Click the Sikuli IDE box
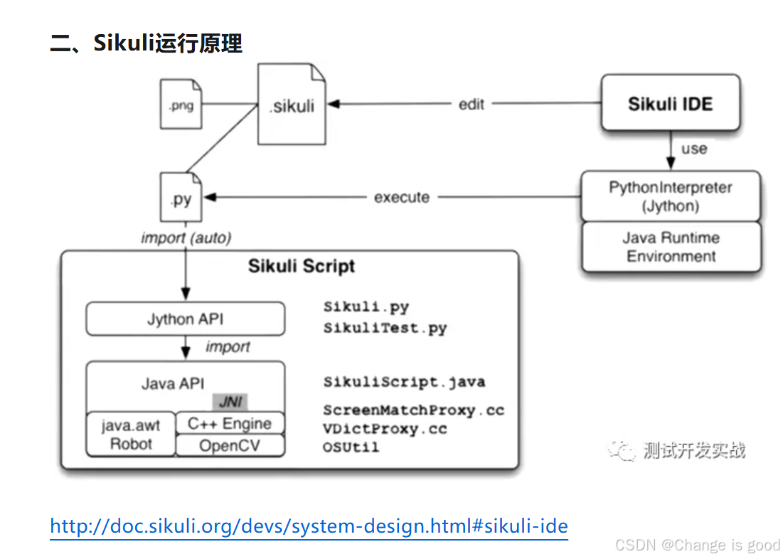[x=670, y=104]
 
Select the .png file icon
[x=181, y=105]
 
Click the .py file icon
[x=181, y=198]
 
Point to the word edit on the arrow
[x=471, y=104]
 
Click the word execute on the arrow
[x=402, y=197]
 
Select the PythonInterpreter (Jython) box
[x=670, y=196]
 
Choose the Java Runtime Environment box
[x=670, y=247]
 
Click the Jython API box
[x=185, y=319]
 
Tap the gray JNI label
[x=229, y=402]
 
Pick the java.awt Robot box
[x=131, y=435]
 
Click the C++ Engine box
[x=229, y=424]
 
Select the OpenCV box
[x=229, y=446]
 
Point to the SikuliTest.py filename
[x=385, y=329]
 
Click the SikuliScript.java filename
[x=404, y=382]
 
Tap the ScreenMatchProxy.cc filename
[x=413, y=410]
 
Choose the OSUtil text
[x=351, y=447]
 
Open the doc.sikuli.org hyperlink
[x=309, y=526]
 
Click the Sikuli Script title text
[x=302, y=267]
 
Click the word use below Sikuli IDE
[x=694, y=149]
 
